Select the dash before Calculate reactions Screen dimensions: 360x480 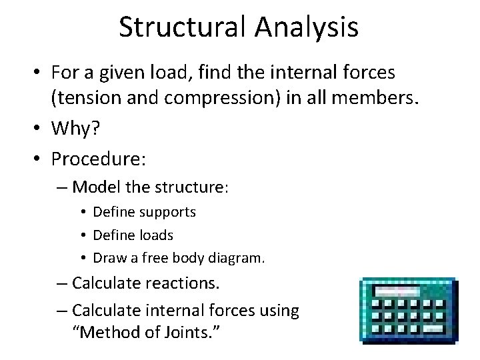tap(62, 284)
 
